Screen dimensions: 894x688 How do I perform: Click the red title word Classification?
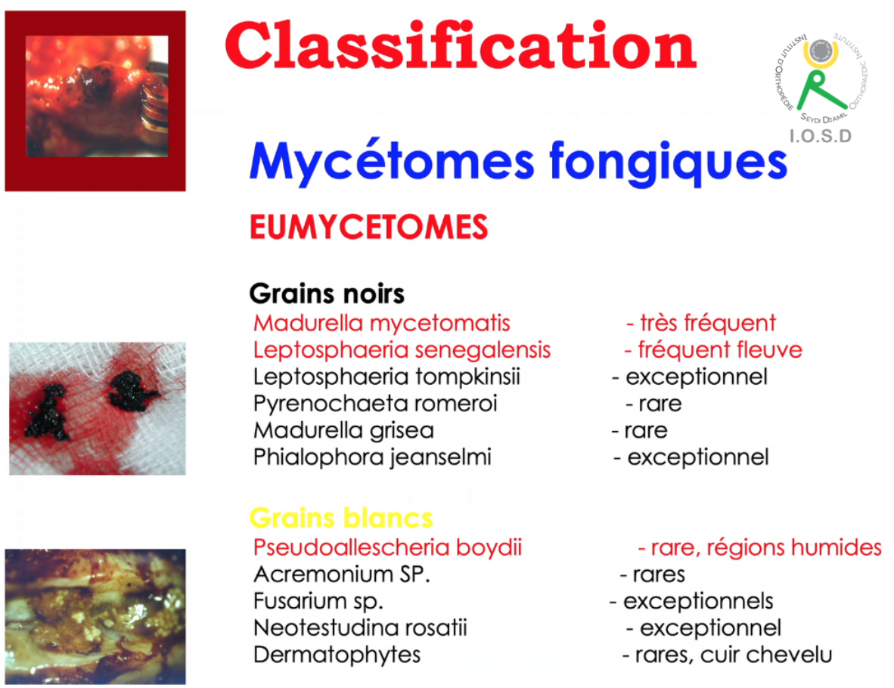[461, 45]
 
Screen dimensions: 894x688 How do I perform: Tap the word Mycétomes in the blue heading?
[392, 163]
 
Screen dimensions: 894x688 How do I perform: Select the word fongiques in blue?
[668, 163]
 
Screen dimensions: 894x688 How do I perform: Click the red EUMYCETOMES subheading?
[369, 227]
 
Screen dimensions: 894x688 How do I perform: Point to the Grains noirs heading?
[327, 294]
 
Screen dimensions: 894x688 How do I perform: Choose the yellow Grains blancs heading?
[341, 518]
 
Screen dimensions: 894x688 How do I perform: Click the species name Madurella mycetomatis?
[381, 323]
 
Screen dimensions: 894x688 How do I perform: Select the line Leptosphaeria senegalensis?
[402, 350]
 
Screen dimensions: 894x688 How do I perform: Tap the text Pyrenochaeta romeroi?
[375, 404]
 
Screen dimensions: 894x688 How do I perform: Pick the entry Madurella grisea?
[343, 430]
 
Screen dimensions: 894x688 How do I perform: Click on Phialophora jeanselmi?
[371, 457]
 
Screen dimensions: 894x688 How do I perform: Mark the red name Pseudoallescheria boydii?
[387, 548]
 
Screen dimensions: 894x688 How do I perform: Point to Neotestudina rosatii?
[360, 628]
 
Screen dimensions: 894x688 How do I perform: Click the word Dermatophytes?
[337, 655]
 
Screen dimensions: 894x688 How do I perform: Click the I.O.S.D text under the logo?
[821, 135]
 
